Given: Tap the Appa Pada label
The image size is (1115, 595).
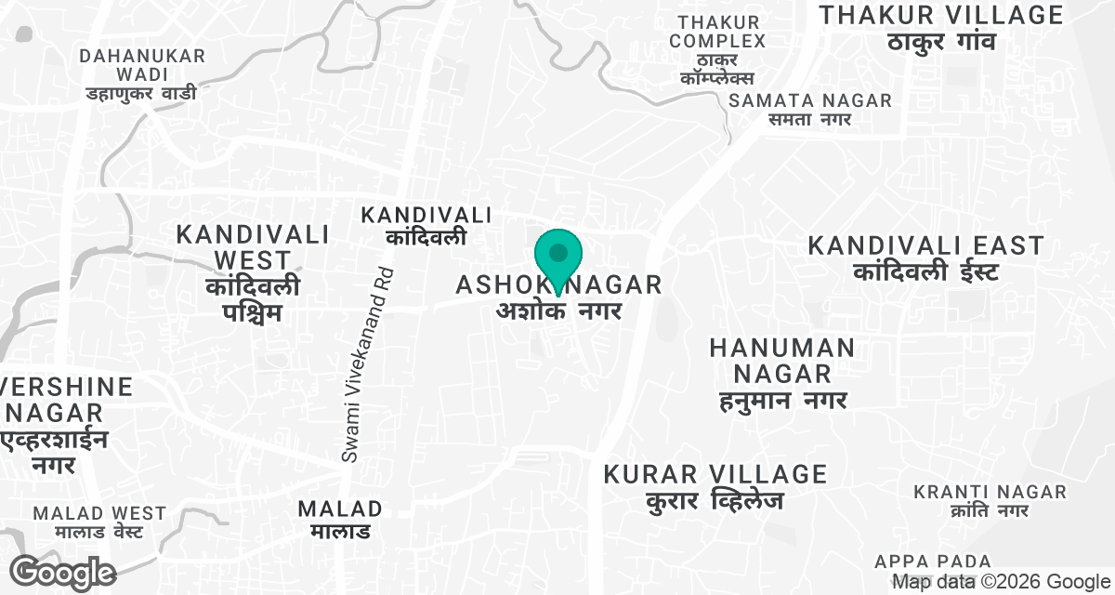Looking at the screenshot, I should (933, 562).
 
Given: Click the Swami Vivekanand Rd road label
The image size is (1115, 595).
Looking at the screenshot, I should (368, 365).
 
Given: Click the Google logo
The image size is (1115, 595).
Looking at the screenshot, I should (63, 572).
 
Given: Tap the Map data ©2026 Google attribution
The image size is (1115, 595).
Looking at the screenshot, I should (1002, 582).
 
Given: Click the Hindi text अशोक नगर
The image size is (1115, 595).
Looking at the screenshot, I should (558, 311).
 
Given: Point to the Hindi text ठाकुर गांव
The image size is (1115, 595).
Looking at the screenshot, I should (941, 42).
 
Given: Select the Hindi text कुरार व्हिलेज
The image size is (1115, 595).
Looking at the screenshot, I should (715, 501).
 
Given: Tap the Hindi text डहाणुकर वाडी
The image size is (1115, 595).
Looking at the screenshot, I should (141, 93).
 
